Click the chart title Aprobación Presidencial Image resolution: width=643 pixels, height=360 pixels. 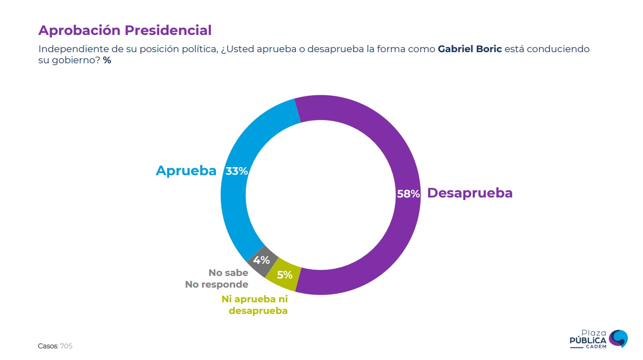click(x=125, y=30)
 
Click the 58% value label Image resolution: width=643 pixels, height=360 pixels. click(x=408, y=194)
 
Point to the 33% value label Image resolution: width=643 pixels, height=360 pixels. click(x=237, y=171)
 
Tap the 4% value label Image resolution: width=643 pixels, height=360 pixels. click(x=261, y=260)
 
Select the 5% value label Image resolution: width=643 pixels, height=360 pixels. click(x=284, y=275)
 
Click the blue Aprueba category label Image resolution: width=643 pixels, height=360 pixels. click(x=186, y=171)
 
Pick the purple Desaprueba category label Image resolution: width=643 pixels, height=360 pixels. click(x=470, y=193)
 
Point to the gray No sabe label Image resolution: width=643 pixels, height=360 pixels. click(x=229, y=273)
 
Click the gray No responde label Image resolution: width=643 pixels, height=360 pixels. click(x=216, y=285)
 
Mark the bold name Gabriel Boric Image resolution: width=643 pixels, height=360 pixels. click(x=470, y=49)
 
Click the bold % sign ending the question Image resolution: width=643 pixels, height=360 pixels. click(x=107, y=60)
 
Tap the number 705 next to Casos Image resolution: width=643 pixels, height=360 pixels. click(x=66, y=346)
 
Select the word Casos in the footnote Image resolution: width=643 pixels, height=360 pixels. click(x=48, y=346)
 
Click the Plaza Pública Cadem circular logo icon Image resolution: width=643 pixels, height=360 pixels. click(x=618, y=338)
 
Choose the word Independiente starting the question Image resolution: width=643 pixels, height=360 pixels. click(x=71, y=49)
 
